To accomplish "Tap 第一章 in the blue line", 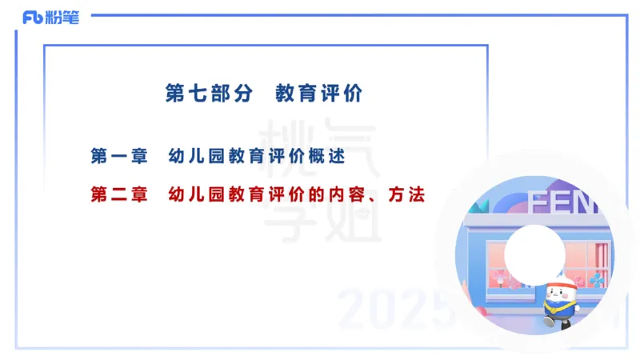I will [x=119, y=156].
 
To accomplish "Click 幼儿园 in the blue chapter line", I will [x=198, y=156].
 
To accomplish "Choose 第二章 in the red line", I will [x=119, y=194].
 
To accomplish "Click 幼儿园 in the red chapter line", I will [x=198, y=194].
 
